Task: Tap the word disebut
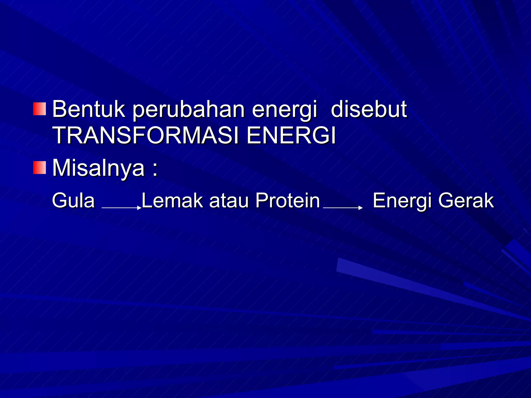tap(369, 109)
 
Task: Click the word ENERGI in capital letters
tap(291, 136)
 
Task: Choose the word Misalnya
tap(99, 168)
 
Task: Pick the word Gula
tap(73, 201)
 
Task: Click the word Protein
tap(288, 201)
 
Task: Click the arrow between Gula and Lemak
tap(121, 208)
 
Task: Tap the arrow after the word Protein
tap(343, 208)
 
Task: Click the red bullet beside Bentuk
tap(39, 109)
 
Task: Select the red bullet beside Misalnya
tap(39, 168)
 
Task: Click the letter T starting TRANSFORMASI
tap(59, 136)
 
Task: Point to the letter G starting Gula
tap(58, 201)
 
